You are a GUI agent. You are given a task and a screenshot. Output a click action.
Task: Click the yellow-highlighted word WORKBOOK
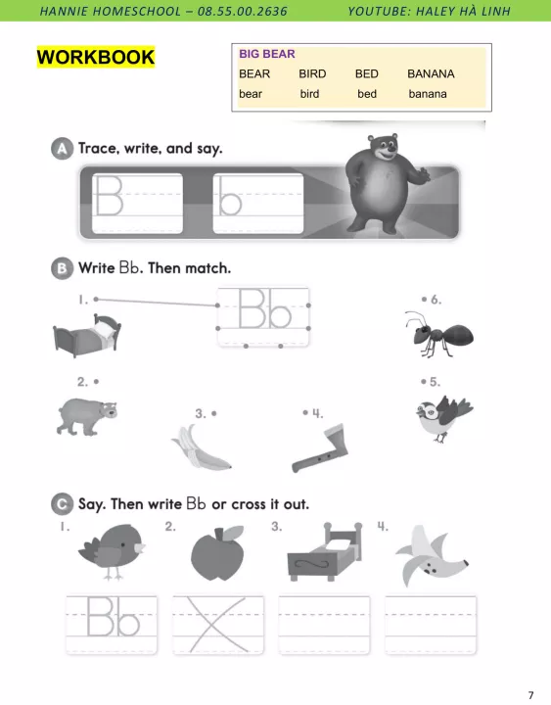pyautogui.click(x=96, y=57)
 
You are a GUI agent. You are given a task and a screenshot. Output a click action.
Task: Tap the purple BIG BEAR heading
pyautogui.click(x=267, y=54)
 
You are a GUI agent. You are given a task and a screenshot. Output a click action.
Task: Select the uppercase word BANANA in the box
pyautogui.click(x=431, y=73)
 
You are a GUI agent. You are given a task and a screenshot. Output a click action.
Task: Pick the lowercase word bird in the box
pyautogui.click(x=309, y=94)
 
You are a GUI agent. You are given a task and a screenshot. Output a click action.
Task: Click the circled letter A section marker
pyautogui.click(x=62, y=149)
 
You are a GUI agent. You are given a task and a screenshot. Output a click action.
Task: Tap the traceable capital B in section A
pyautogui.click(x=109, y=196)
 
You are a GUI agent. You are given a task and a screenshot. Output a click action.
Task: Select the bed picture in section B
pyautogui.click(x=87, y=336)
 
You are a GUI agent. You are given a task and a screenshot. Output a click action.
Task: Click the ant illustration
pyautogui.click(x=439, y=334)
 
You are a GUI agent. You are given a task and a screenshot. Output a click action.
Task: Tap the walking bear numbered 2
pyautogui.click(x=87, y=416)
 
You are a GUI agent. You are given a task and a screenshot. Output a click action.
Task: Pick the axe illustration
pyautogui.click(x=321, y=447)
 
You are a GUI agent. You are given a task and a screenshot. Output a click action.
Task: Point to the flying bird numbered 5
pyautogui.click(x=443, y=418)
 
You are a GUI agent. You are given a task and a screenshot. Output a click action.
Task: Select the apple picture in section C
pyautogui.click(x=217, y=554)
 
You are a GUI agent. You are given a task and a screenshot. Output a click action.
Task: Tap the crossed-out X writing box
pyautogui.click(x=218, y=625)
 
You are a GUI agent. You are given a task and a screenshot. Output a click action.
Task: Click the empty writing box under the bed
pyautogui.click(x=324, y=625)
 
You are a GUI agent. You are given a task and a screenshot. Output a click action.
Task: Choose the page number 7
pyautogui.click(x=530, y=694)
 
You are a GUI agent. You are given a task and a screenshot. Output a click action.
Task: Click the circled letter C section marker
pyautogui.click(x=62, y=504)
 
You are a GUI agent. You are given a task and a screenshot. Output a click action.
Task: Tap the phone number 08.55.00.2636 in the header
pyautogui.click(x=243, y=11)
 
